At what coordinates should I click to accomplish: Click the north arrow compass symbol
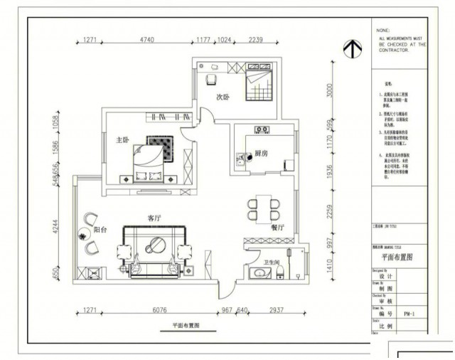coord(349,48)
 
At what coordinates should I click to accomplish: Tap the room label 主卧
coord(122,140)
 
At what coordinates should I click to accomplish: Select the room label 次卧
coord(223,97)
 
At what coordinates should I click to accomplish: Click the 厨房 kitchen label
coord(261,153)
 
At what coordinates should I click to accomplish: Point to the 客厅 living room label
coord(156,216)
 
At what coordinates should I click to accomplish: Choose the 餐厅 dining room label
coord(277,228)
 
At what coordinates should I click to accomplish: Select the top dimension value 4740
coord(147,40)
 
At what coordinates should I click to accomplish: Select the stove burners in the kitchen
coord(261,130)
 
